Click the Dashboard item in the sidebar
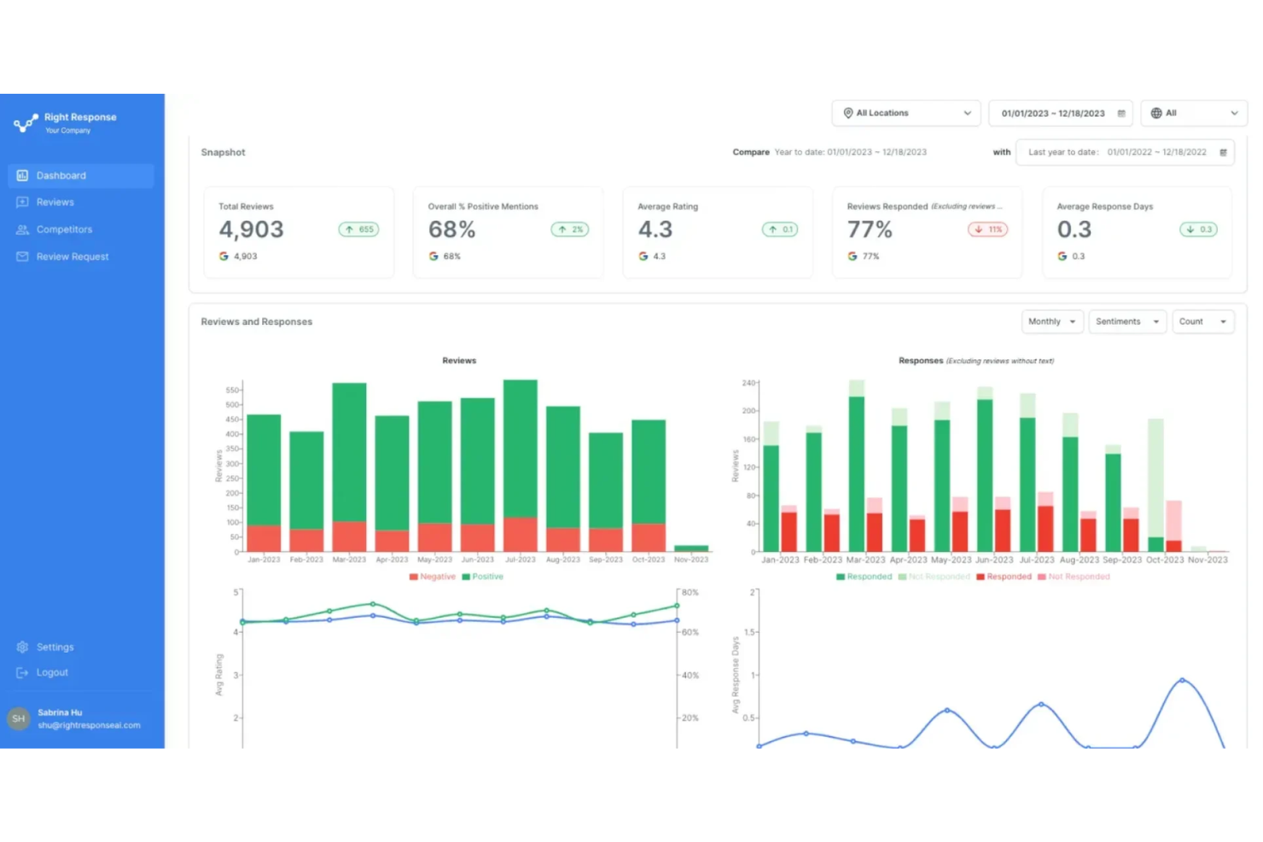click(x=61, y=176)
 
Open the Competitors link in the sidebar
click(x=64, y=229)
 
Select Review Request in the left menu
click(x=72, y=257)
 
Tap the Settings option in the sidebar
click(x=55, y=647)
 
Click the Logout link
click(x=52, y=672)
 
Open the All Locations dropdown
click(x=906, y=113)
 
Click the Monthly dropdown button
click(x=1051, y=322)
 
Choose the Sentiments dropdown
click(x=1126, y=322)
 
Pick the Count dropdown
click(x=1202, y=322)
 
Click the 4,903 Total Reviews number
click(x=251, y=229)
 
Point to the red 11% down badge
click(x=987, y=229)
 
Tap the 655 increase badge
click(x=358, y=229)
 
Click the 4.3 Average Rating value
click(x=655, y=229)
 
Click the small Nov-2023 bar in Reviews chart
click(x=690, y=548)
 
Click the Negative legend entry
click(x=433, y=577)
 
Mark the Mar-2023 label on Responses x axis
click(x=865, y=560)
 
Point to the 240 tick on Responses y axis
click(x=748, y=383)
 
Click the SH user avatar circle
click(x=18, y=718)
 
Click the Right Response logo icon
click(x=26, y=123)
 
